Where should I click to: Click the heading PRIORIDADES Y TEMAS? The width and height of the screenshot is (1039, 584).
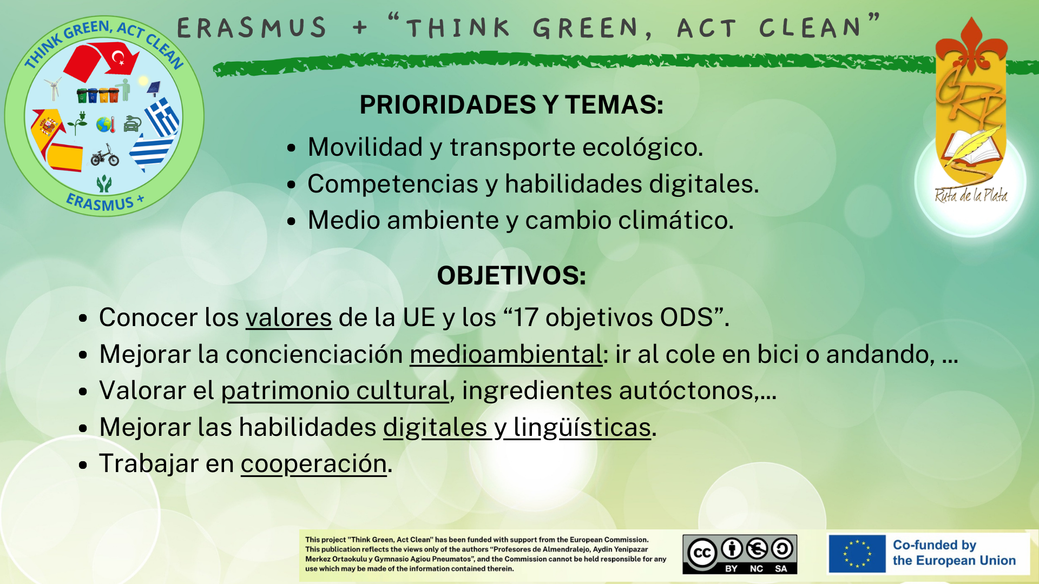511,104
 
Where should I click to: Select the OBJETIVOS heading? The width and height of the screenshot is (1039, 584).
511,275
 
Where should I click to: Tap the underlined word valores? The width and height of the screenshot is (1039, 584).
288,317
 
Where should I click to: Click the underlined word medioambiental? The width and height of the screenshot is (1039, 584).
505,354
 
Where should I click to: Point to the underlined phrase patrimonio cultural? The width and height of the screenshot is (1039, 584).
335,390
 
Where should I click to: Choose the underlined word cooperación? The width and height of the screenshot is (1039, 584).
314,464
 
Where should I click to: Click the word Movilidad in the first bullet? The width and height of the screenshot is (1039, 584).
365,147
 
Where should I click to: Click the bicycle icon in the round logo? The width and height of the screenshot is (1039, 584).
104,156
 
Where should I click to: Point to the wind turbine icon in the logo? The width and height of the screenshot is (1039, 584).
53,89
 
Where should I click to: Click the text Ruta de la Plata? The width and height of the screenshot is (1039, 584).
971,195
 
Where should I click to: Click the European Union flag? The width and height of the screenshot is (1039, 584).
857,554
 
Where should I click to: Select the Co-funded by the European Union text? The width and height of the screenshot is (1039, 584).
954,553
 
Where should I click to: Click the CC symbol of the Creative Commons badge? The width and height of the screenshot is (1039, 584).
702,553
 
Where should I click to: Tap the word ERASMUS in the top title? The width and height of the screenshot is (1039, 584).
252,28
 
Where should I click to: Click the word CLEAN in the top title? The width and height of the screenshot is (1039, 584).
810,28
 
